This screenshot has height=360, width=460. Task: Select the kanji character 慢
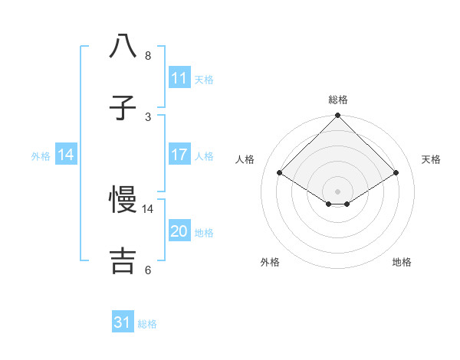(x=123, y=201)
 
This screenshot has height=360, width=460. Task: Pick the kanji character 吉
(x=123, y=261)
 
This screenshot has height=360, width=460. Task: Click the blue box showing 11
(x=179, y=78)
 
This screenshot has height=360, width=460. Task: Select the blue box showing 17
(x=179, y=155)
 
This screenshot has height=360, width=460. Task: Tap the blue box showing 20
(x=179, y=231)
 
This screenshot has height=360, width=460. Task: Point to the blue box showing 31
(x=123, y=323)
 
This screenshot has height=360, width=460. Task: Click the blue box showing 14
(x=66, y=155)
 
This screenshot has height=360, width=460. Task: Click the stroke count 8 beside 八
(x=148, y=56)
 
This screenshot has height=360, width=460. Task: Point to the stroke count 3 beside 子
(x=148, y=117)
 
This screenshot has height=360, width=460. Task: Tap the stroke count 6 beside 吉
(x=148, y=270)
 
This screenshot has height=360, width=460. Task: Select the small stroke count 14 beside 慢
(x=148, y=208)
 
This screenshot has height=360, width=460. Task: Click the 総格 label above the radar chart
(x=338, y=100)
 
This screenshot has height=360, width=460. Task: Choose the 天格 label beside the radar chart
(x=431, y=159)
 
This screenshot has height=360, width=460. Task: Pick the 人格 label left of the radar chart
(x=245, y=159)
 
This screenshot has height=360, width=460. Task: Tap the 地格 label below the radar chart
(x=402, y=262)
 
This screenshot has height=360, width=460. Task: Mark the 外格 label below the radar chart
(x=270, y=262)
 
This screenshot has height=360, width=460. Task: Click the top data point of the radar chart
(x=338, y=116)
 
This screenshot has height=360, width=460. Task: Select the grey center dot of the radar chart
(x=338, y=191)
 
